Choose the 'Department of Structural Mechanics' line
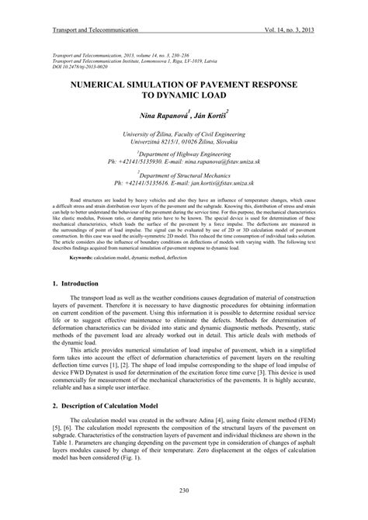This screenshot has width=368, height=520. point(184,175)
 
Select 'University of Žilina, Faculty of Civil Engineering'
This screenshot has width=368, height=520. point(184,133)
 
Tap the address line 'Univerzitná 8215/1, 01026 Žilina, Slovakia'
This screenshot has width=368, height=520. point(184,143)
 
